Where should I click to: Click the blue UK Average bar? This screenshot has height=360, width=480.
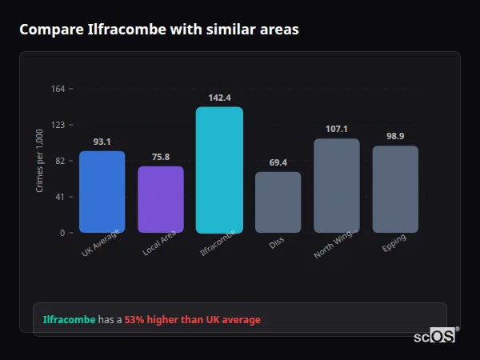click(x=102, y=192)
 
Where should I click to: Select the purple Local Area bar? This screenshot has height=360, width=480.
click(x=161, y=199)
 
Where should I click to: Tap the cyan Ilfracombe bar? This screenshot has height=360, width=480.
click(x=219, y=170)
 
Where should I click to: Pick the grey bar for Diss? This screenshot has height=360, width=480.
click(x=278, y=202)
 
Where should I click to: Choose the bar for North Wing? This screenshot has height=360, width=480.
click(x=336, y=186)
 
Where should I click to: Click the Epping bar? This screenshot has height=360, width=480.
click(x=395, y=189)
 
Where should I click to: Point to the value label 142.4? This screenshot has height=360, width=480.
click(x=219, y=98)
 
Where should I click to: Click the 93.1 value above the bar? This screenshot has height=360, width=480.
click(x=102, y=142)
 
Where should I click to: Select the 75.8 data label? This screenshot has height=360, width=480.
click(x=161, y=157)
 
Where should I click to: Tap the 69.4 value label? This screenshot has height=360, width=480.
click(x=278, y=162)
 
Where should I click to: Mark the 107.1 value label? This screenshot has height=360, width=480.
click(x=336, y=129)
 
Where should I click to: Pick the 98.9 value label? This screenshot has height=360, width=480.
click(x=395, y=136)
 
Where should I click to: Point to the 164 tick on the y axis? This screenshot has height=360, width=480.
click(x=58, y=89)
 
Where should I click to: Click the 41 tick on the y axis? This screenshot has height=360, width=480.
click(x=60, y=197)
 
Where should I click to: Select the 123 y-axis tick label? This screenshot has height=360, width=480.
click(x=58, y=125)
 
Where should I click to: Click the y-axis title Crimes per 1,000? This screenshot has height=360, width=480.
click(x=40, y=161)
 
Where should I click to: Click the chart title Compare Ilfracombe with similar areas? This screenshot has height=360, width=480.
click(x=158, y=30)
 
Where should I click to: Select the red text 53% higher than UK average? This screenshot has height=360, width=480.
click(x=192, y=320)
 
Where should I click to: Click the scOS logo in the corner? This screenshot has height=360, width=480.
click(x=435, y=336)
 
